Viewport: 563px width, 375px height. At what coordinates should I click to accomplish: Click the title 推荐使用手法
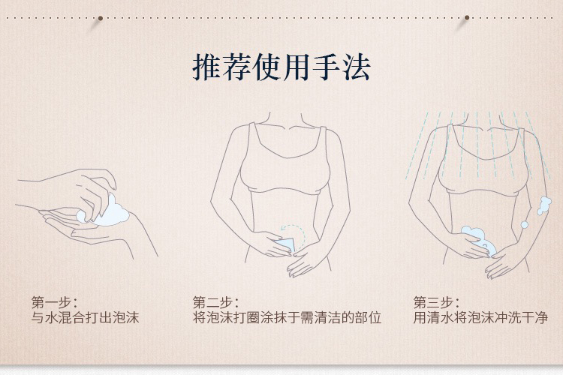[281, 67]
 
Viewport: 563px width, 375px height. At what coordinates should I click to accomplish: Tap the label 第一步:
[54, 302]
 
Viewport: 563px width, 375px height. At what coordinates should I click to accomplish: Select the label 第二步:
[215, 302]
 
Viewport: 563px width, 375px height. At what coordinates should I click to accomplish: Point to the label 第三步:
[436, 302]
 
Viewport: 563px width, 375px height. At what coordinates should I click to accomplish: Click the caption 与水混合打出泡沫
[85, 318]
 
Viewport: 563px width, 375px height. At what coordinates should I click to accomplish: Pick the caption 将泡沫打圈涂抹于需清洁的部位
[287, 318]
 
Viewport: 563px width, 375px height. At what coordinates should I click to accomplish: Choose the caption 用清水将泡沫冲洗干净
[480, 318]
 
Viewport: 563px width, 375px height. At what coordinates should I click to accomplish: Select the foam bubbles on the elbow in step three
[543, 205]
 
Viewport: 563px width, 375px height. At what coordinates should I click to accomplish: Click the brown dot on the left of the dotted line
[101, 18]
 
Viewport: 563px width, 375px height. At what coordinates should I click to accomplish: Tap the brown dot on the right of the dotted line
[467, 17]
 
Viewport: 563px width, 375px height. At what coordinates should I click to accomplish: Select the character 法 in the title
[356, 67]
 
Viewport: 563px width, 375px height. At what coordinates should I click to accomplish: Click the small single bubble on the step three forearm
[524, 225]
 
